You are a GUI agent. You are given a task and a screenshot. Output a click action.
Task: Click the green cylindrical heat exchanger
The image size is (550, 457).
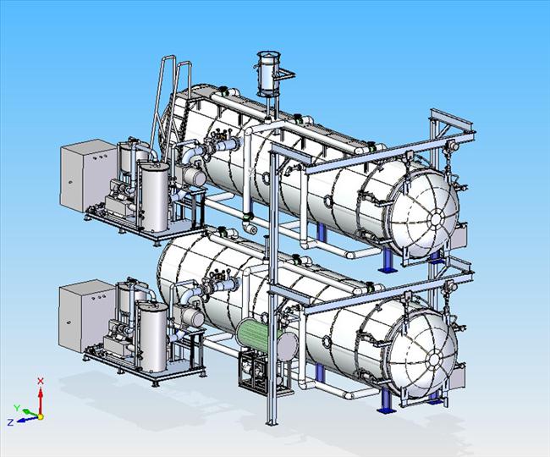(258, 336)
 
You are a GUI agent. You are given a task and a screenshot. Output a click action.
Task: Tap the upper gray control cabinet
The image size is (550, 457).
(88, 175)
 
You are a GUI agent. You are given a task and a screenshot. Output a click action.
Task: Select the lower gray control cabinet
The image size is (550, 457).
(87, 316)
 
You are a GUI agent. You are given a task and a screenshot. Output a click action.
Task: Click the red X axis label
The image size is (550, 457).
(41, 381)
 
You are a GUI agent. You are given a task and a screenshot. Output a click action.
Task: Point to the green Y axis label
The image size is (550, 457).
(16, 408)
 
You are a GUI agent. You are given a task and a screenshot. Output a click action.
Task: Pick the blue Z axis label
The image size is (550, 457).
(10, 422)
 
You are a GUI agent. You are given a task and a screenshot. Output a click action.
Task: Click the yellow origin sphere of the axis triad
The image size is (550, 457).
(41, 416)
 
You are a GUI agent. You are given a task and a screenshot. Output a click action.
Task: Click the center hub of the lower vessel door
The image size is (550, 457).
(434, 359)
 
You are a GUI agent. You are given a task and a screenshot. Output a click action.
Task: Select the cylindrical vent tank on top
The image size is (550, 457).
(268, 74)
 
